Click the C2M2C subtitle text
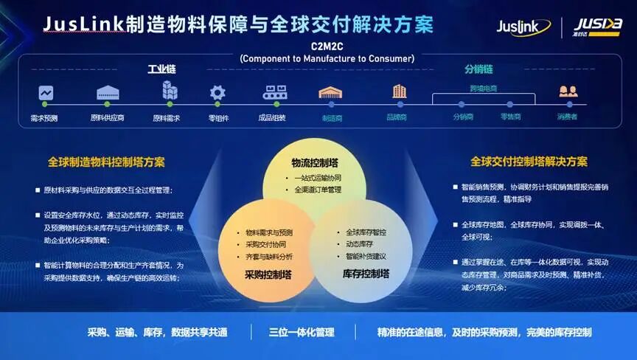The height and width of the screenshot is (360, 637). [327, 45]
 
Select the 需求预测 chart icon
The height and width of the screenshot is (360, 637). [46, 94]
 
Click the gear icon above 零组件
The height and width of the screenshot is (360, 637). [217, 93]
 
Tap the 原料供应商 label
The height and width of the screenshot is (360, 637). [107, 117]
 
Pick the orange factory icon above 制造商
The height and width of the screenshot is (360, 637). [330, 93]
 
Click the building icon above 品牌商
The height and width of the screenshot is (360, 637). [399, 92]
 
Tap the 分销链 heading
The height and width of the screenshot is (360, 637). [478, 69]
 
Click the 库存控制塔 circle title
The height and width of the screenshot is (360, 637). [366, 274]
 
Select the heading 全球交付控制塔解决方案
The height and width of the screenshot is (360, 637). [529, 162]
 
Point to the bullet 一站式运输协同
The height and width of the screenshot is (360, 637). [317, 178]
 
